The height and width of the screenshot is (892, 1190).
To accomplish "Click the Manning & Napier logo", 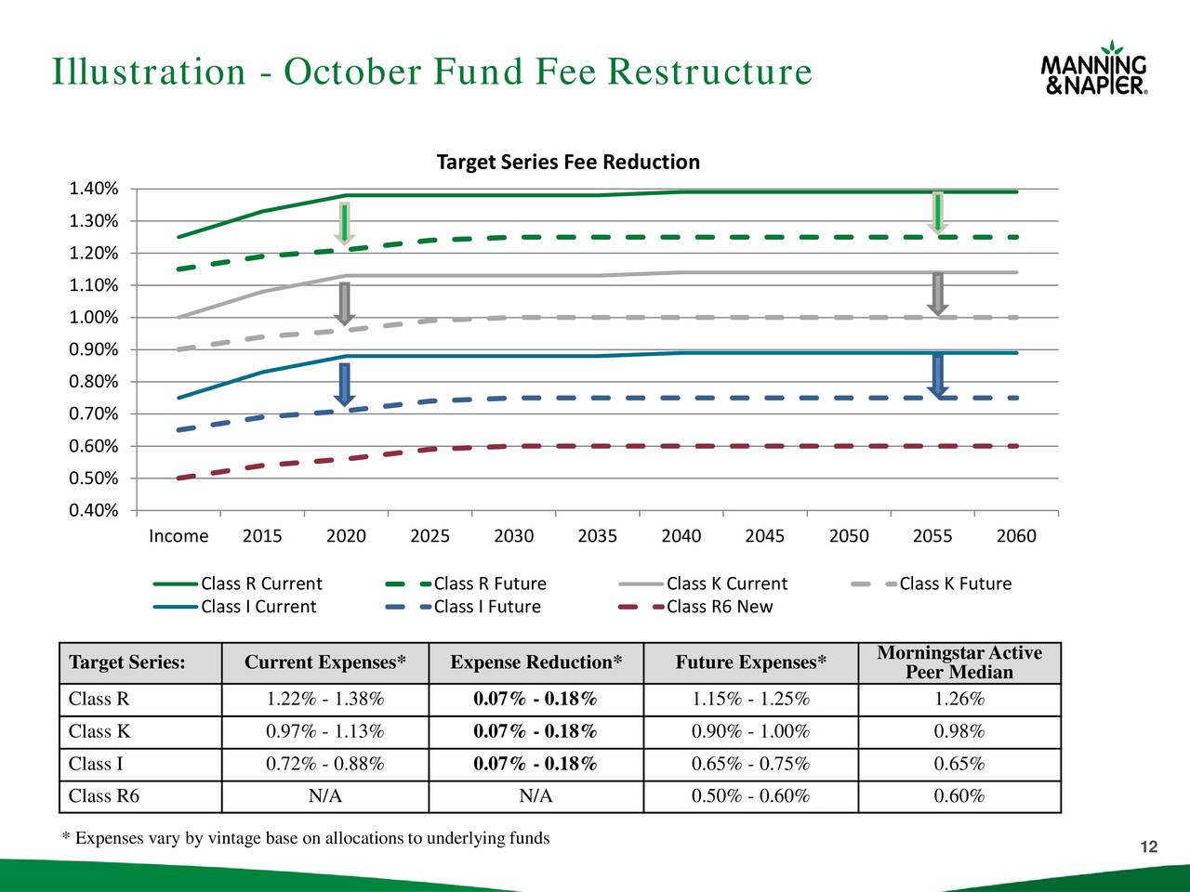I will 1094,69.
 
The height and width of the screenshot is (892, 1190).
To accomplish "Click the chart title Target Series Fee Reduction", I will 568,163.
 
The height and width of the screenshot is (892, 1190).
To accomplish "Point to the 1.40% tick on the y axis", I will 94,190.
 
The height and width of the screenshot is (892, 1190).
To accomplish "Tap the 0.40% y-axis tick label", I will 94,510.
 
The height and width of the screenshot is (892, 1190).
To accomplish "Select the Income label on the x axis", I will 178,536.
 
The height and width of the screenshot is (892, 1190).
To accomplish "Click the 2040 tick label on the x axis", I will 681,536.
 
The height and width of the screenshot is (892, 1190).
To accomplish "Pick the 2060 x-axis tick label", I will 1016,536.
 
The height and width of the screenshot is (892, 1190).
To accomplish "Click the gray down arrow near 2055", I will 938,294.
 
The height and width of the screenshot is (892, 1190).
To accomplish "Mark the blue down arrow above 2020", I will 345,384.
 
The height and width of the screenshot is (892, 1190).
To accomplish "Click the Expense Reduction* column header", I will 536,662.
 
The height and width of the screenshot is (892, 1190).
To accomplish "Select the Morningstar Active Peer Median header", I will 959,662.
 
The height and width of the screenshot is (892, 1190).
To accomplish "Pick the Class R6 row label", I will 104,796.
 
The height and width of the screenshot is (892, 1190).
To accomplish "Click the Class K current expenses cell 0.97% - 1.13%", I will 325,731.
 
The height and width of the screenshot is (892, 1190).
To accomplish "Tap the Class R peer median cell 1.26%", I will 959,700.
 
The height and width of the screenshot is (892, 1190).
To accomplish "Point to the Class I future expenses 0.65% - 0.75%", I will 750,764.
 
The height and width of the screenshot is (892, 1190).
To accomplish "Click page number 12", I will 1149,846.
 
